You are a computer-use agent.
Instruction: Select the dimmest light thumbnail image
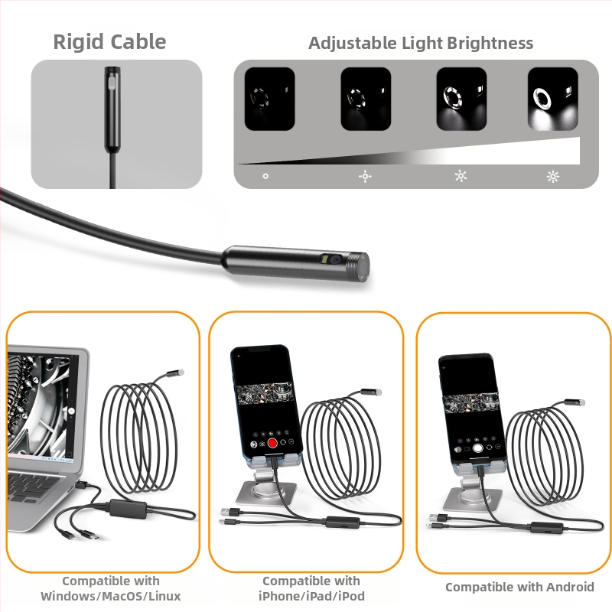click(270, 99)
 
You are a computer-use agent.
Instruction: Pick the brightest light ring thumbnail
click(552, 99)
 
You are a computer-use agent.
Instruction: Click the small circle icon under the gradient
click(265, 177)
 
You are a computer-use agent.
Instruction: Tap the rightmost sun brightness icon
click(552, 177)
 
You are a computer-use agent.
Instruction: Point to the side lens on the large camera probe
click(332, 259)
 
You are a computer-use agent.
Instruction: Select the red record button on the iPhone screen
click(272, 443)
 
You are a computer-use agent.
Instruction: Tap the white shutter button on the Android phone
click(477, 448)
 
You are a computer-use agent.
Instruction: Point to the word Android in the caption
click(570, 587)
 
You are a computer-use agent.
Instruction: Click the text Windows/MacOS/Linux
click(111, 597)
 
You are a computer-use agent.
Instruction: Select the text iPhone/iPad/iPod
click(311, 597)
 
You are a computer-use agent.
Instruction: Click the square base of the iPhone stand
click(265, 493)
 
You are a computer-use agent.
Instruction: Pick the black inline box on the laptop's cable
click(129, 508)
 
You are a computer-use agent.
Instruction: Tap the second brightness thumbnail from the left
click(366, 99)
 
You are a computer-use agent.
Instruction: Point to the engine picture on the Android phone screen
click(470, 403)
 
